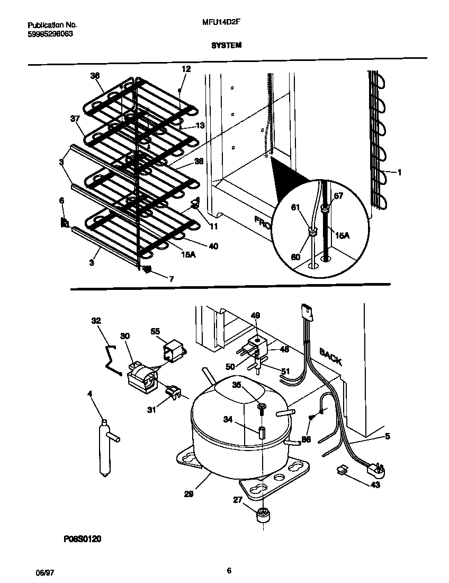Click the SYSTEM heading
click(x=227, y=46)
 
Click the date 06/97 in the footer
click(x=40, y=573)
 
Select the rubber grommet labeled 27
click(x=263, y=516)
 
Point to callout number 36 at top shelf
click(x=95, y=76)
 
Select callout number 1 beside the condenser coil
click(x=399, y=172)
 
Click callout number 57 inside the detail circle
click(x=338, y=196)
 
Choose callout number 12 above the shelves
click(x=186, y=69)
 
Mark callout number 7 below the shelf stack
click(x=170, y=279)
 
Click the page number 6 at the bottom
click(x=229, y=571)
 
